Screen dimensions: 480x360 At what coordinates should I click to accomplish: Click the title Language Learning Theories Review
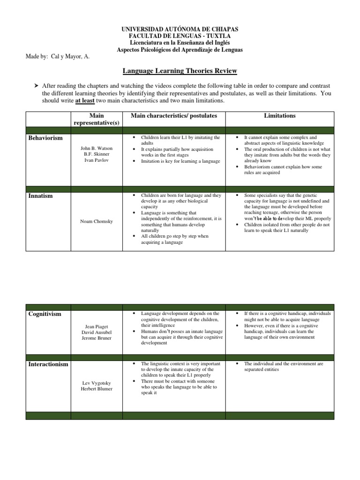point(180,71)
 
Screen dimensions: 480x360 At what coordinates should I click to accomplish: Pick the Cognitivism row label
point(45,314)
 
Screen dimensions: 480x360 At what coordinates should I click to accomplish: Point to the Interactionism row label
point(48,364)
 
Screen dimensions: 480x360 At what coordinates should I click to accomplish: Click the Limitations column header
point(279,115)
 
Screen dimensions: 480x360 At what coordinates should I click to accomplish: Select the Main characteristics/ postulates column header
point(173,115)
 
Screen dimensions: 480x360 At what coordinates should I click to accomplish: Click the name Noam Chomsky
point(96,222)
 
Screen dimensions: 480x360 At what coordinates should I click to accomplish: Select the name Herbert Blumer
point(96,389)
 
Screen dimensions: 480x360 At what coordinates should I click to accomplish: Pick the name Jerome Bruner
point(96,338)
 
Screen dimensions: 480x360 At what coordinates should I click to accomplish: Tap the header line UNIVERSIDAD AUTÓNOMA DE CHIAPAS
point(180,30)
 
